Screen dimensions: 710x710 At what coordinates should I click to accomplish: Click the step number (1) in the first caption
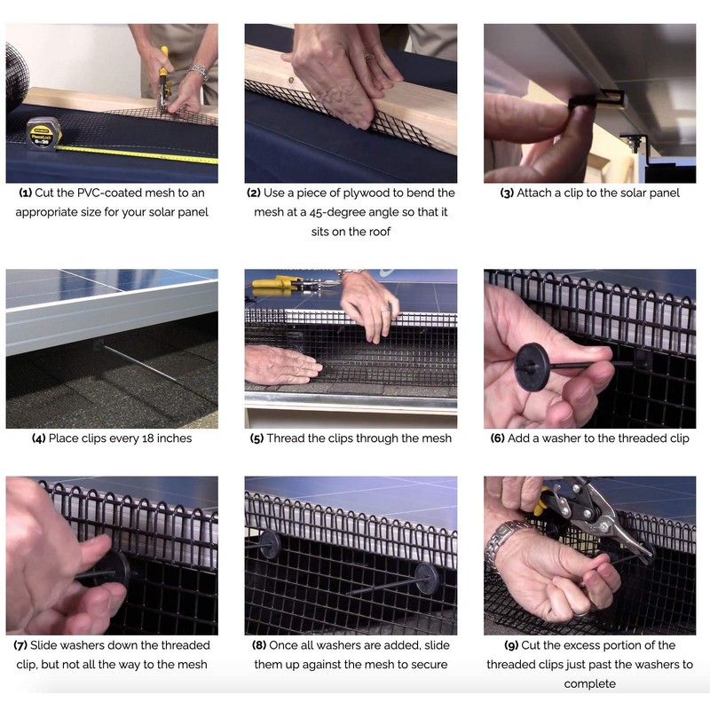tap(26, 193)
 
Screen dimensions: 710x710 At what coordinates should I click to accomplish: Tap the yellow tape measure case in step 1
tap(43, 134)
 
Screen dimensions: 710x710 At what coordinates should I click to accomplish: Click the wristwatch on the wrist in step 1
tap(199, 72)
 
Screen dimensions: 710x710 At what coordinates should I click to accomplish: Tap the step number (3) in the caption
tap(507, 193)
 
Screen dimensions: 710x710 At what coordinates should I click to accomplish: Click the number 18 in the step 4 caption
tap(147, 438)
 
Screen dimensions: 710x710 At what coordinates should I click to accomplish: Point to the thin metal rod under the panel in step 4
tap(138, 363)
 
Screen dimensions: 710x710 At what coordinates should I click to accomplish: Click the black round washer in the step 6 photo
tap(532, 364)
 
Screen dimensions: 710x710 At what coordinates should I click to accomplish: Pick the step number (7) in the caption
tap(20, 645)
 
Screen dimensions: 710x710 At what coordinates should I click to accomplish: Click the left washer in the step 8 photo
tap(270, 544)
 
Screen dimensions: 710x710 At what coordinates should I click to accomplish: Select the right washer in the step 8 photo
tap(427, 579)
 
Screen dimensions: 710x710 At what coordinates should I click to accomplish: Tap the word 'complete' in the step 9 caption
tap(589, 683)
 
